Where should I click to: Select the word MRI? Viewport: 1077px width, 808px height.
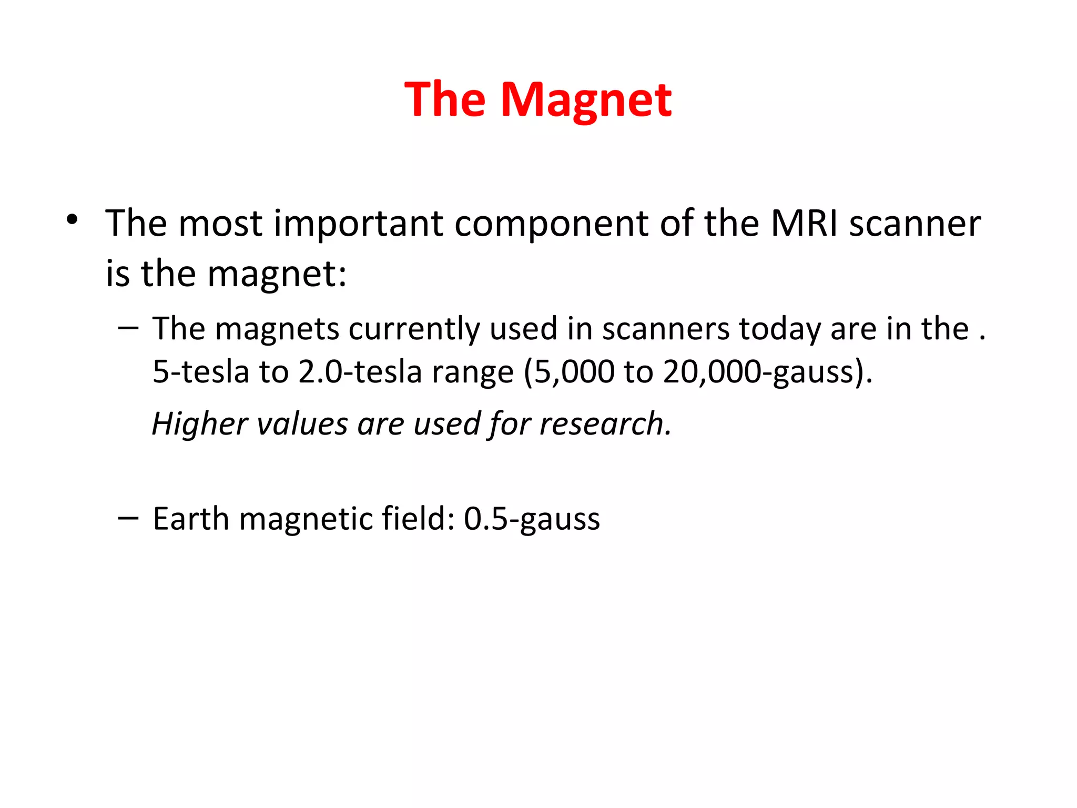coord(804,223)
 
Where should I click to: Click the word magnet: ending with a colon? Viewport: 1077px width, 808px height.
coord(277,275)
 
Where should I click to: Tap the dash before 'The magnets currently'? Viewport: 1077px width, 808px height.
coord(128,328)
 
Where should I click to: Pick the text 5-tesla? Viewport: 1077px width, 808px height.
coord(200,371)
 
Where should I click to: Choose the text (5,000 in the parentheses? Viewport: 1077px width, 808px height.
coord(568,372)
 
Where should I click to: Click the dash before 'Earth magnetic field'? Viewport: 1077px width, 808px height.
coord(128,518)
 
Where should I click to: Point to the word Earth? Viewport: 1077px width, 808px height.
coord(191,519)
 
